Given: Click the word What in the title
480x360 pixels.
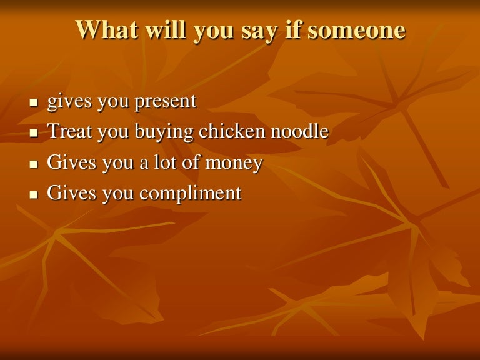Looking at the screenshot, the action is [107, 30].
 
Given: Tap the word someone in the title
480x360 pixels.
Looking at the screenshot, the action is [357, 30].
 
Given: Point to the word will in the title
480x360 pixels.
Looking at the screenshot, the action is [166, 30].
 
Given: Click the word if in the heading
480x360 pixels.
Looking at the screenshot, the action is [294, 30].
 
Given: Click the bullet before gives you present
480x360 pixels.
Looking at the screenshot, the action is [33, 102].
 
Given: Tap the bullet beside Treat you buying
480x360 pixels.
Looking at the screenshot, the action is [33, 133].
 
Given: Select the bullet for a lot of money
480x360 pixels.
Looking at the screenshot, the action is [33, 164].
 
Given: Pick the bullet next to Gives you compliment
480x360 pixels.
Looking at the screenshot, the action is [33, 195].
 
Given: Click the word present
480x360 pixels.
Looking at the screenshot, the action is [166, 102].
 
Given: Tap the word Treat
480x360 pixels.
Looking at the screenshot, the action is [70, 131].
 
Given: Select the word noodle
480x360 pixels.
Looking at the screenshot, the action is [300, 131].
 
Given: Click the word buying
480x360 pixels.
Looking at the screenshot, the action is [164, 132].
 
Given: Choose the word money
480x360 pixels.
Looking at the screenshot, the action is [234, 164].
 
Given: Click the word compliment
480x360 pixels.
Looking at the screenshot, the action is [191, 194].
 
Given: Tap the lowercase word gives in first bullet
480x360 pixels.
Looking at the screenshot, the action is [69, 102].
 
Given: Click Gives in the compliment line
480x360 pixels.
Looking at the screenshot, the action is [72, 192].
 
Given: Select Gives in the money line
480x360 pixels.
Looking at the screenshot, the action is [72, 162].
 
